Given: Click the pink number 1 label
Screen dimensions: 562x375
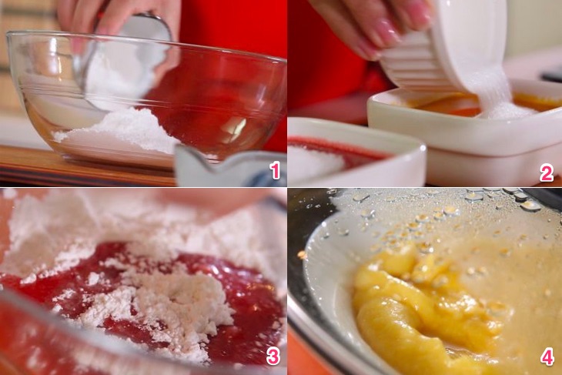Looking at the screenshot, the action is coord(276,170).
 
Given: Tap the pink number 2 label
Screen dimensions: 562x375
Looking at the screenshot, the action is coord(547,173).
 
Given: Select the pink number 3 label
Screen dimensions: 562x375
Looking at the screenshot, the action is coord(273,356).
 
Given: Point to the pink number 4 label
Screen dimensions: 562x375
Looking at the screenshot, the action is coord(547,357).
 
